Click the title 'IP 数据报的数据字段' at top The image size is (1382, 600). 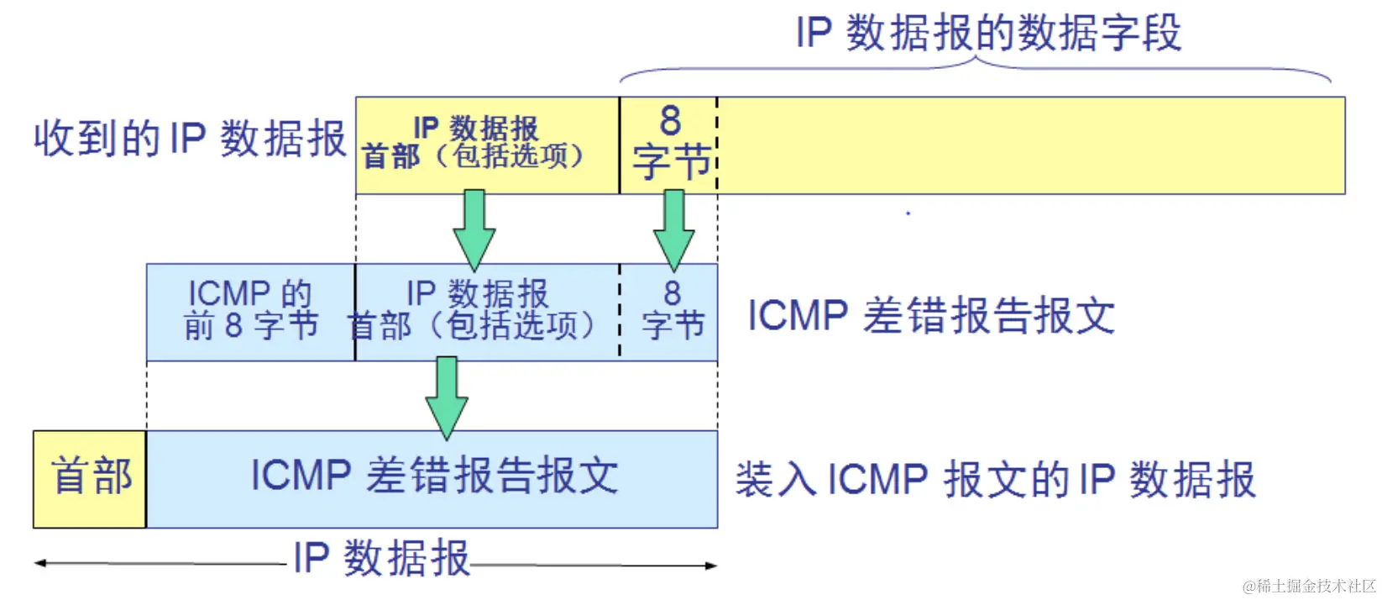(x=988, y=34)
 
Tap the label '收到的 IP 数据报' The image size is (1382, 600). (x=190, y=139)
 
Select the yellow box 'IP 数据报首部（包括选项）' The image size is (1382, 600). (x=487, y=145)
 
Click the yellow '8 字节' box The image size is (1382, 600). (x=668, y=145)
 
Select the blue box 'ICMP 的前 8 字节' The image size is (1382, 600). (x=250, y=312)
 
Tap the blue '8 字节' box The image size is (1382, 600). (x=671, y=312)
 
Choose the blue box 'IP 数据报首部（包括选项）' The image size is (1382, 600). (x=487, y=312)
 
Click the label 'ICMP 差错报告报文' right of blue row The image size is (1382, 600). (x=930, y=317)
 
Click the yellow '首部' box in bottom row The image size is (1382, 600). (x=90, y=479)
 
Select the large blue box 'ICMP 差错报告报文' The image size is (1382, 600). (x=432, y=477)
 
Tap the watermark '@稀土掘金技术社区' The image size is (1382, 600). (x=1309, y=586)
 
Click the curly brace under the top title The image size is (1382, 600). (x=976, y=69)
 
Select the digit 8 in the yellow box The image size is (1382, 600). (x=670, y=121)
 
